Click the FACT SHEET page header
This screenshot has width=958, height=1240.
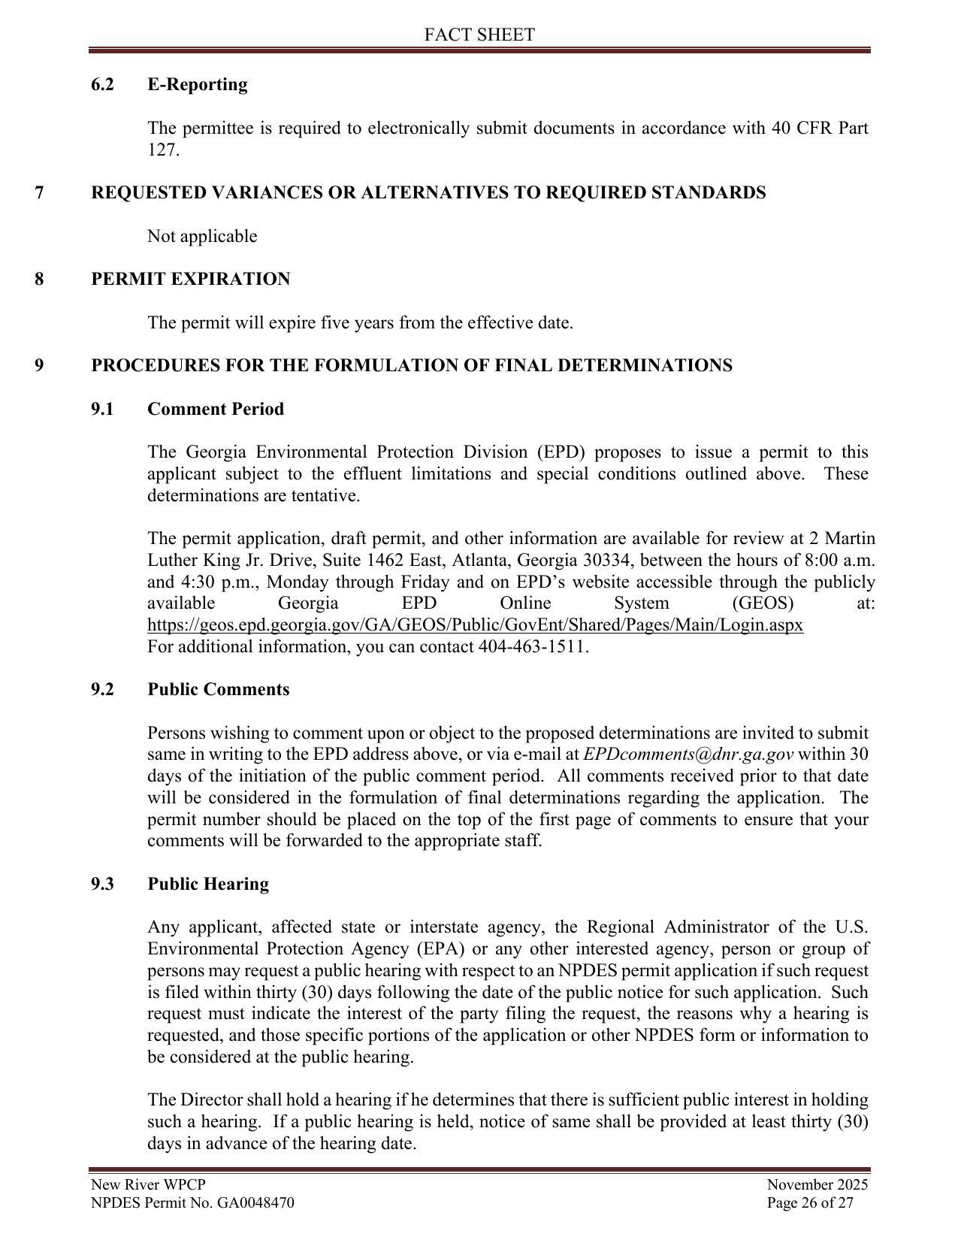point(479,35)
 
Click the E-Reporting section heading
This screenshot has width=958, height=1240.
point(198,84)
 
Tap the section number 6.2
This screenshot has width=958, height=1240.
point(102,84)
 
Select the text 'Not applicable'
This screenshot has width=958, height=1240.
point(202,236)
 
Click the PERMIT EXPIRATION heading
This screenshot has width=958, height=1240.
point(190,279)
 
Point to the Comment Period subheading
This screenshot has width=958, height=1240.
point(216,409)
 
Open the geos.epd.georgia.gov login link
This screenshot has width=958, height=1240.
point(475,625)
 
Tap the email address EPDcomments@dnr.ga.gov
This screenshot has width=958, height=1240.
point(688,755)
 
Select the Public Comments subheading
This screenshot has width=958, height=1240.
point(218,689)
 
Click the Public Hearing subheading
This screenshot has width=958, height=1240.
point(208,884)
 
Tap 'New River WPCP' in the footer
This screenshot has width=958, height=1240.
point(148,1185)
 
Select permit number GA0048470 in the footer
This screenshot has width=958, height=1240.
point(255,1202)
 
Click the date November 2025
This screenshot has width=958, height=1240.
point(817,1185)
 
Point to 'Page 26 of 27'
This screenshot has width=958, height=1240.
point(810,1202)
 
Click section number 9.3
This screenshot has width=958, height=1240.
point(102,884)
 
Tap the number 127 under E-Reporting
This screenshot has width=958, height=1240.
point(162,150)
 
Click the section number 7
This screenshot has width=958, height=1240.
point(39,192)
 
